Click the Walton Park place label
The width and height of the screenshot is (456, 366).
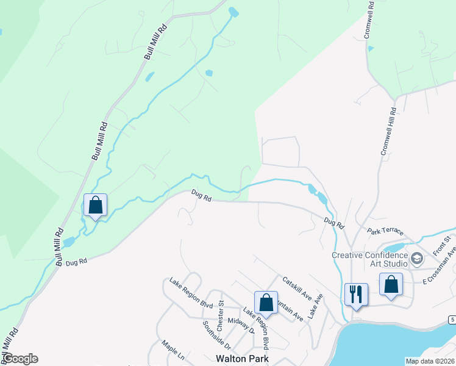[242, 359]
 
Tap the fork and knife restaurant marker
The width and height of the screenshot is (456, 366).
[355, 295]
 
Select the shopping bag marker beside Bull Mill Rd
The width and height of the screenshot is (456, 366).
[96, 206]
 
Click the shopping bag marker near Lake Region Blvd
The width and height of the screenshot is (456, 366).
[266, 302]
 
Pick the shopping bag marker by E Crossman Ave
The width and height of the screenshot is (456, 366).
[391, 284]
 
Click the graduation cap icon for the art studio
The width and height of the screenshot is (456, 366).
[417, 258]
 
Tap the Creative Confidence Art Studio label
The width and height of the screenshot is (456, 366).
[369, 259]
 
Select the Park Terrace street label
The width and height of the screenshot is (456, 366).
[385, 231]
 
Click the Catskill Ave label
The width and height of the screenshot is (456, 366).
[297, 289]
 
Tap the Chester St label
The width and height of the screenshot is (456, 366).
[221, 312]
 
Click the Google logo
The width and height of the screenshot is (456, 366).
[20, 359]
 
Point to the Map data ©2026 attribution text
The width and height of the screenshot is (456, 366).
[430, 361]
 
